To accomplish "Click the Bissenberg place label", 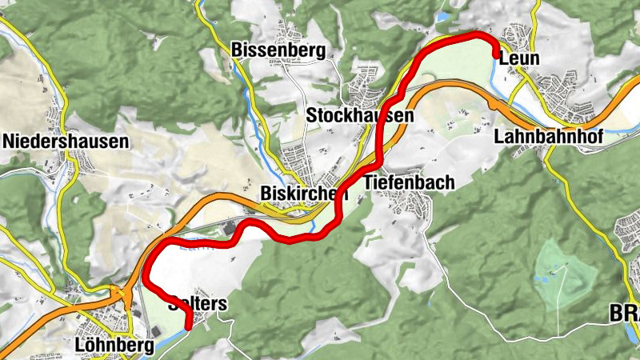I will click(278, 50).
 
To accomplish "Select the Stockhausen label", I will click(360, 116).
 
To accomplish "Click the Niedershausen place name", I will click(66, 142).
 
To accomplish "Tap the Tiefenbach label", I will click(409, 182).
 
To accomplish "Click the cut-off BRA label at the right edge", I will click(624, 314).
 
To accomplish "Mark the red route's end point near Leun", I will click(498, 54).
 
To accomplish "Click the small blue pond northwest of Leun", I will click(442, 15).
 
